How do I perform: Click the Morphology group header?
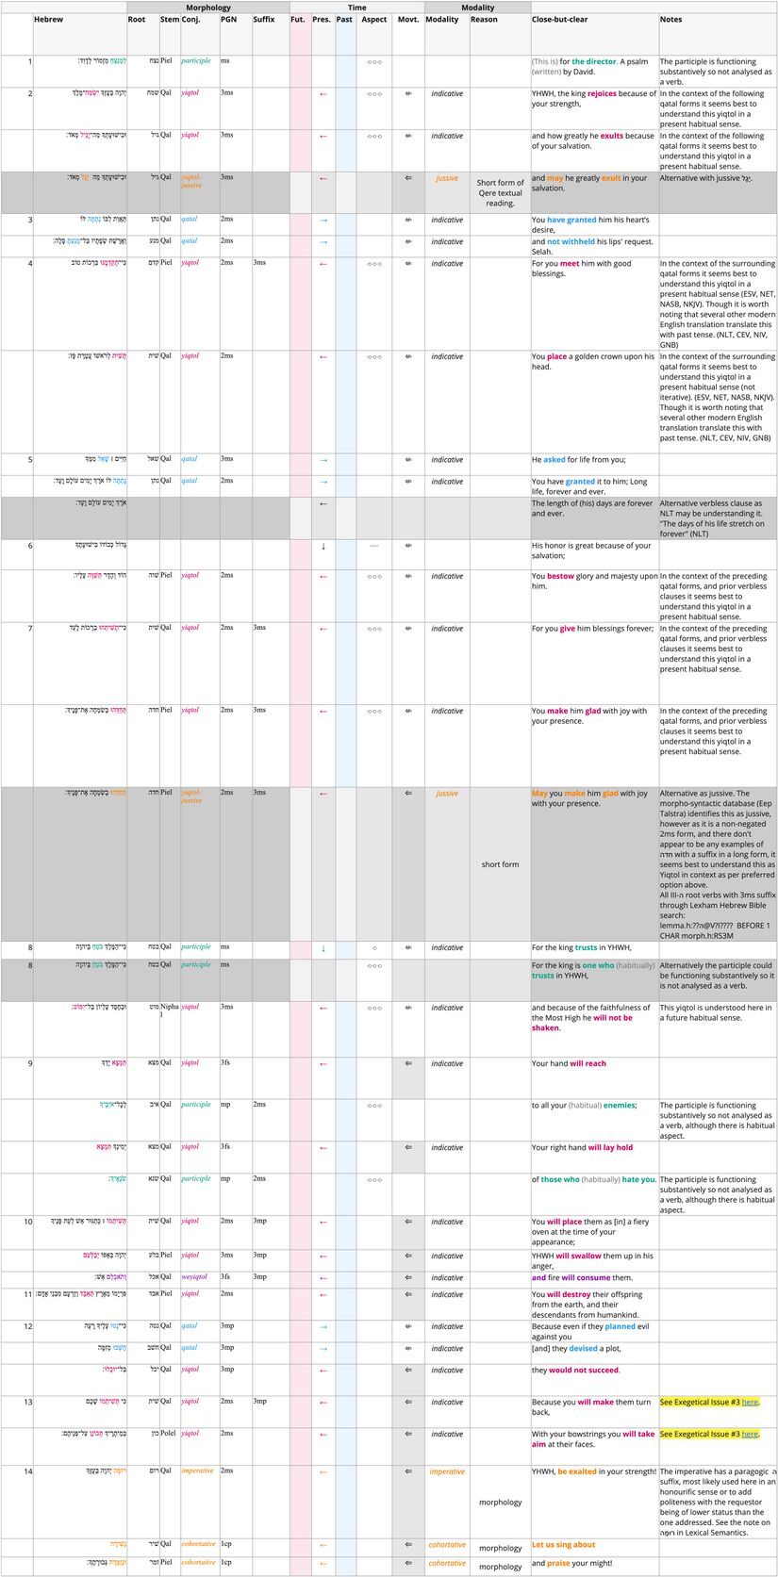(207, 8)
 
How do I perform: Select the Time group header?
(356, 8)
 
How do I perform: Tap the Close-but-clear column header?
(559, 20)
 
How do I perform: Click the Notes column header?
(670, 20)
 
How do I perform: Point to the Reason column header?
(484, 20)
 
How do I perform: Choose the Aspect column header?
(373, 20)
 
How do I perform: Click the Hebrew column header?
(49, 20)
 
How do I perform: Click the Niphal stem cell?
(169, 1011)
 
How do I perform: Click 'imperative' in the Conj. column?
(197, 1470)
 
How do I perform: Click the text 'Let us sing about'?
(563, 1545)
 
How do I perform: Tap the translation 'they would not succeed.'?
(575, 1370)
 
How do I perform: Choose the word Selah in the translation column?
(541, 252)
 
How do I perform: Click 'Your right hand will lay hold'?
(582, 1147)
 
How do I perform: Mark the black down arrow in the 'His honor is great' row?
(323, 546)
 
